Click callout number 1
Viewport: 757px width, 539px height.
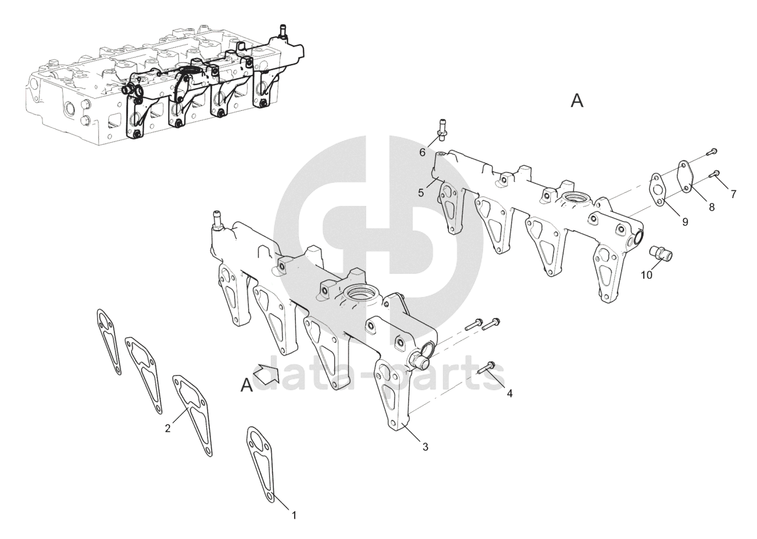point(294,515)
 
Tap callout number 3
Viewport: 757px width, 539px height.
point(425,447)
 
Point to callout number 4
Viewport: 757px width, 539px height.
point(509,393)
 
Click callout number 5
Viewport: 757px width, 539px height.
point(421,193)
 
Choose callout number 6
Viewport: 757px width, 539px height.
point(423,152)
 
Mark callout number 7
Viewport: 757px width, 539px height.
point(733,194)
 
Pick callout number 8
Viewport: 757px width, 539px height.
point(711,207)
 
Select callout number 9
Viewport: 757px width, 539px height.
point(685,222)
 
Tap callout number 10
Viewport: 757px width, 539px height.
point(647,274)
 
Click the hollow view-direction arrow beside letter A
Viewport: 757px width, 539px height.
point(267,373)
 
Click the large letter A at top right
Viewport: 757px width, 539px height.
point(577,101)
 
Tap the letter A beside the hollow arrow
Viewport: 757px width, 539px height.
point(247,385)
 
